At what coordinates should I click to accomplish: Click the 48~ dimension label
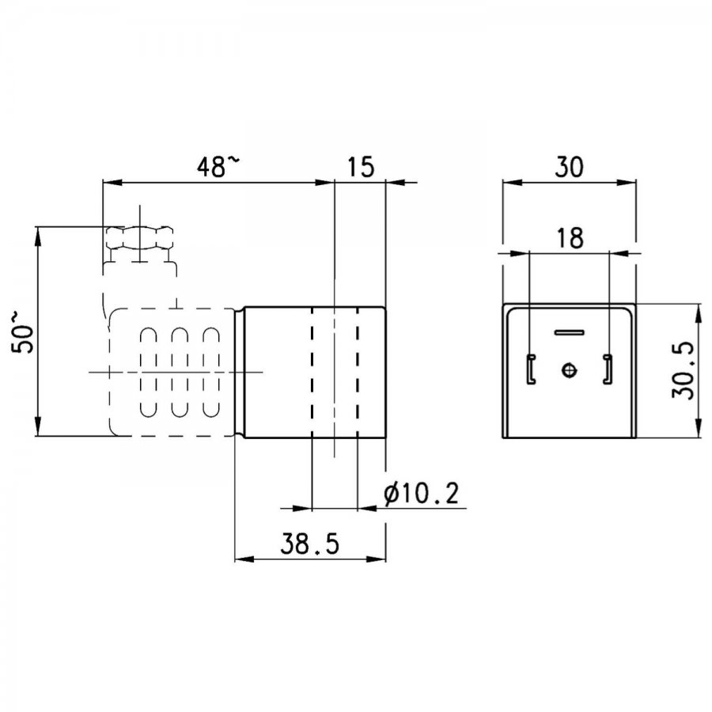217,166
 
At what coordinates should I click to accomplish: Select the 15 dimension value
361,167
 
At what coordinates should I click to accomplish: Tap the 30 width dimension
569,167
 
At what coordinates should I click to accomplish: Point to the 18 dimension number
570,238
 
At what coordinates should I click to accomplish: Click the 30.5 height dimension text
683,370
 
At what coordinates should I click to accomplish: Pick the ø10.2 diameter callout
421,494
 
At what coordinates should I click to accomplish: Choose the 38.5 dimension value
309,544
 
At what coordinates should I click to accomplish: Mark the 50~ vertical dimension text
23,332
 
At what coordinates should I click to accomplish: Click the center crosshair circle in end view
570,370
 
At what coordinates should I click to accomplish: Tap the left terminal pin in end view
531,369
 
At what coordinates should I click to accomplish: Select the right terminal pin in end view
608,369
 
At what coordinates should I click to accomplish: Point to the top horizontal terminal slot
570,332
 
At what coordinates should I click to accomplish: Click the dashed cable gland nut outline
140,238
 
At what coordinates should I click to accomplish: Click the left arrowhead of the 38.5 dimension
244,559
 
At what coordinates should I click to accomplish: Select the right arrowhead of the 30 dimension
627,182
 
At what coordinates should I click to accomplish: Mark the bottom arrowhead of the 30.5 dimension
698,428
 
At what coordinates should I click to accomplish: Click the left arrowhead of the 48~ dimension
112,182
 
